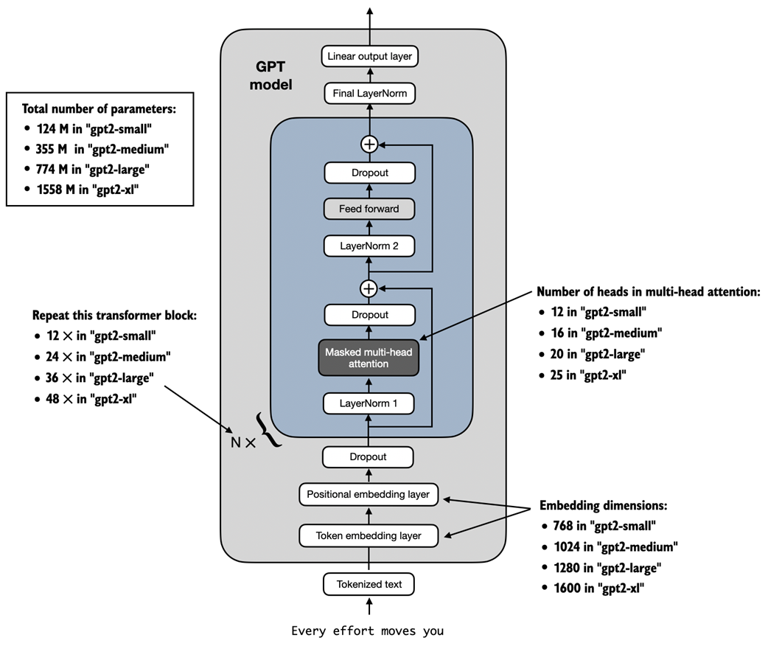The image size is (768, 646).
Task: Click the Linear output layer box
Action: [369, 56]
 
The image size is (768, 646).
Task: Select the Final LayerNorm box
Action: [369, 94]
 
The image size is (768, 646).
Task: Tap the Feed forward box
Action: [369, 209]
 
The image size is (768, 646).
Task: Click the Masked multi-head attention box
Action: [369, 358]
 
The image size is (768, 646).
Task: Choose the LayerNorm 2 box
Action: [369, 246]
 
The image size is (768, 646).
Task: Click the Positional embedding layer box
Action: [368, 494]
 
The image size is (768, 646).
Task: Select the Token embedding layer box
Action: [368, 535]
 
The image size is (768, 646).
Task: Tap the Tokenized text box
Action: [369, 585]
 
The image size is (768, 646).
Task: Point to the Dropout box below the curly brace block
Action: [368, 457]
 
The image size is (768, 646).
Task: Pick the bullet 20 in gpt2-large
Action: [598, 354]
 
